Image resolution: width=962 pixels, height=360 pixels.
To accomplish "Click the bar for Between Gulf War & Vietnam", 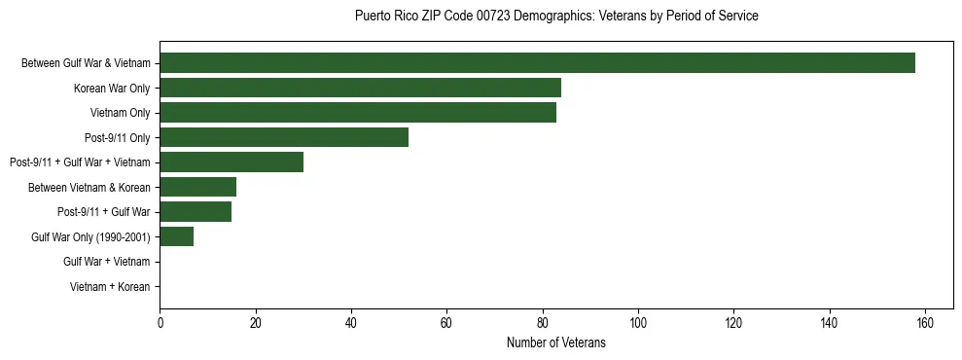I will (x=537, y=63).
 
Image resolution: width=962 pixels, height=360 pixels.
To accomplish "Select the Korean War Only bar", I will (x=360, y=89).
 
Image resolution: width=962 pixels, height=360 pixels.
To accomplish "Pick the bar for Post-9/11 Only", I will (x=284, y=137).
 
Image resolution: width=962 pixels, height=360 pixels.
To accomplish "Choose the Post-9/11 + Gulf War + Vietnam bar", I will (x=232, y=162).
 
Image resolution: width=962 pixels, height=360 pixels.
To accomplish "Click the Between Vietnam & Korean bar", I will (x=197, y=187).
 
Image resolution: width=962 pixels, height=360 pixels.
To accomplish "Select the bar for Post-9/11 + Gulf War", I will (x=196, y=211).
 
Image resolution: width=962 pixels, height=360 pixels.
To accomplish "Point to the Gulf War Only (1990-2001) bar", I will (x=176, y=236).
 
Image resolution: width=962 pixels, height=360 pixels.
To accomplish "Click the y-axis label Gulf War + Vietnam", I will (x=107, y=262).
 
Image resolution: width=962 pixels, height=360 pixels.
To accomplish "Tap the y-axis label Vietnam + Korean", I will (x=110, y=287).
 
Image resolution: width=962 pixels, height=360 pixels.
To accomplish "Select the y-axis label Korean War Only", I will (x=112, y=89).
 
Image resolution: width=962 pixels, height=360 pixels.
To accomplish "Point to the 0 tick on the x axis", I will (x=160, y=323).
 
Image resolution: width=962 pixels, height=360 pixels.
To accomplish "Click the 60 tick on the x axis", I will (x=446, y=323).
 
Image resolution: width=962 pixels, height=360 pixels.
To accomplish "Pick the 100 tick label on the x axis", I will (x=638, y=323).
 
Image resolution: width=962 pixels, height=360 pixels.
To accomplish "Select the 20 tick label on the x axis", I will (x=255, y=323).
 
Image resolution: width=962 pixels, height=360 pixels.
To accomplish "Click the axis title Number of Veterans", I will (x=556, y=342).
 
